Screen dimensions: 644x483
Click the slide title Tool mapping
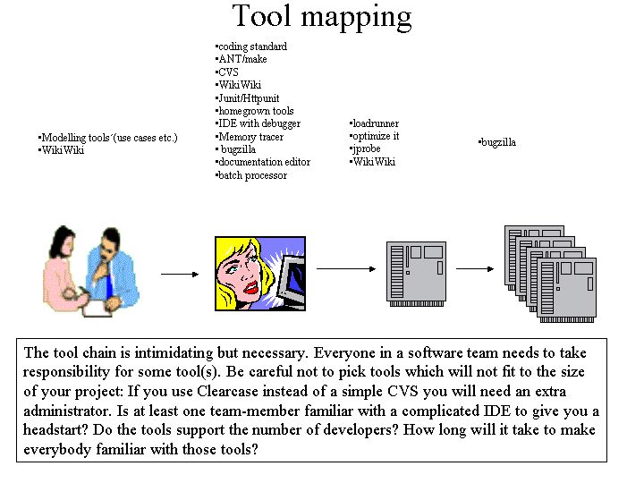point(322,17)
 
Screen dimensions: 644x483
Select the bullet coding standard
point(251,47)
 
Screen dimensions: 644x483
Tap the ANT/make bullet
point(241,59)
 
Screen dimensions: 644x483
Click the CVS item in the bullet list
point(227,72)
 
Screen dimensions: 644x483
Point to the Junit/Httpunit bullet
point(248,98)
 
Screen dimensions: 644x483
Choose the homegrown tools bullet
point(255,111)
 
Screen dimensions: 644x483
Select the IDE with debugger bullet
point(258,123)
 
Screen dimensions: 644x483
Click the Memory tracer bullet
point(250,137)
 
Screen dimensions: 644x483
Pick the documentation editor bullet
point(263,162)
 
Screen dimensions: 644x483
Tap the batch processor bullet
point(251,175)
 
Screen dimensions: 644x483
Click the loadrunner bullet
point(374,123)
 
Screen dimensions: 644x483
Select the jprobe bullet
point(365,148)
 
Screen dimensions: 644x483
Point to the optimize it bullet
point(374,136)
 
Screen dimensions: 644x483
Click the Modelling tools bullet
point(108,138)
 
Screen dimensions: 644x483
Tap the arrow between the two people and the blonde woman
point(180,274)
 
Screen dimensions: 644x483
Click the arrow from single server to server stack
point(475,269)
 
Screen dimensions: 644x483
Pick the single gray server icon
point(416,274)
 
